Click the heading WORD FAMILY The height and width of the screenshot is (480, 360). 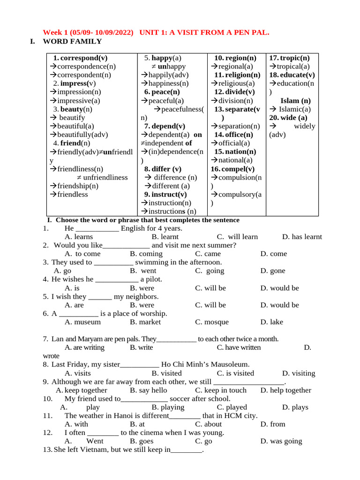click(72, 41)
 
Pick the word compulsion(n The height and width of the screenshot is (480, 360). click(236, 177)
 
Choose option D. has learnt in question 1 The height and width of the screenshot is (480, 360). click(302, 237)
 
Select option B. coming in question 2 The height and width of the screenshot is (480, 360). click(146, 254)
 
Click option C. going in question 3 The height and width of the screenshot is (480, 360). click(210, 271)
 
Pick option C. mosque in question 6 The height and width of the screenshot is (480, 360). click(212, 322)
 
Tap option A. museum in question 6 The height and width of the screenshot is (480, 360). click(82, 322)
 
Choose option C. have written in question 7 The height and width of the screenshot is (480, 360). click(239, 347)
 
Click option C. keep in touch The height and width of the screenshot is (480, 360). click(220, 390)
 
